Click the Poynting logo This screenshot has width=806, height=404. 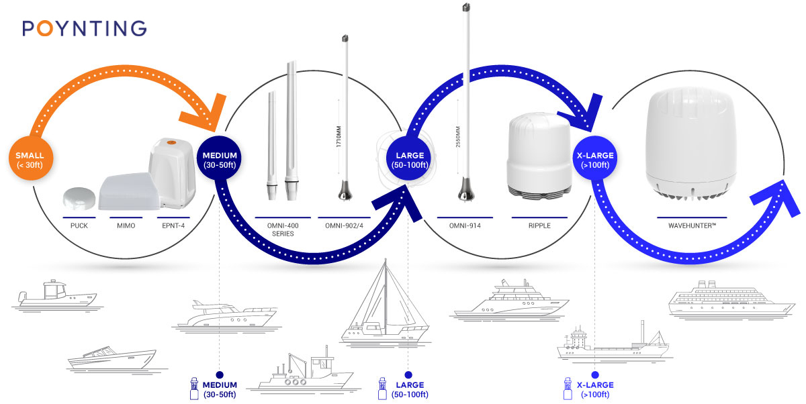[x=85, y=28]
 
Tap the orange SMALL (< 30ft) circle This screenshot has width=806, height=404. [x=31, y=158]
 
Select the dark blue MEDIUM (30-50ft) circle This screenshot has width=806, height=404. [x=220, y=158]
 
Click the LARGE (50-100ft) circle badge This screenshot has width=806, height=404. [x=409, y=158]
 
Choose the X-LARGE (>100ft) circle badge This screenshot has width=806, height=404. [x=595, y=158]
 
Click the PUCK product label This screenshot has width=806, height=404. [x=79, y=225]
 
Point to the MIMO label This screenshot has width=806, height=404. [x=126, y=225]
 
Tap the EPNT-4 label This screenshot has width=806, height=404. [x=173, y=225]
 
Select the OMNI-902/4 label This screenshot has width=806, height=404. [x=345, y=225]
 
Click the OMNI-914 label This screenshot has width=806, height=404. [x=465, y=225]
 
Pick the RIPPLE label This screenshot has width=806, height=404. [x=539, y=225]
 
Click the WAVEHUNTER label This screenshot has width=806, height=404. [x=692, y=225]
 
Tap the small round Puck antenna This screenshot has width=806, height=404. [x=79, y=198]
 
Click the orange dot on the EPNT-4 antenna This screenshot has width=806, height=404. [x=171, y=143]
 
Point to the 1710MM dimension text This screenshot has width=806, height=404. [x=339, y=136]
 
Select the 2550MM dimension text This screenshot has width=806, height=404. [x=458, y=137]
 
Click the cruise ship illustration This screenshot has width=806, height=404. [x=731, y=300]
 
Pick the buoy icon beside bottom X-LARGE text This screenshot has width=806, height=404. [x=568, y=389]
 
